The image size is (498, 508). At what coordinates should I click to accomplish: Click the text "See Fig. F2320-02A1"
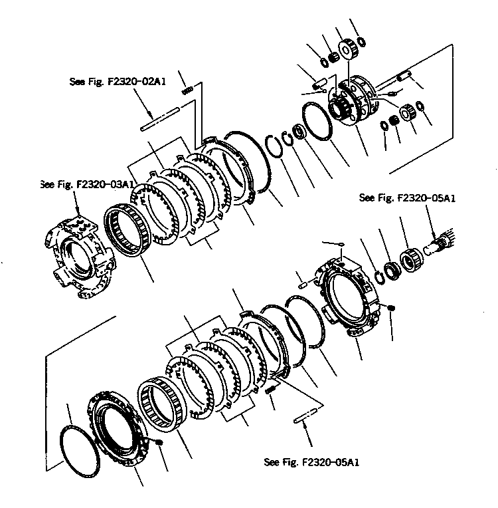[x=118, y=82]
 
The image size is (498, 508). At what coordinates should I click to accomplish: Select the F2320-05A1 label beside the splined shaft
[x=400, y=197]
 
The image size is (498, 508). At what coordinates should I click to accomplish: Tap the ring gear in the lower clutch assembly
[x=159, y=406]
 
